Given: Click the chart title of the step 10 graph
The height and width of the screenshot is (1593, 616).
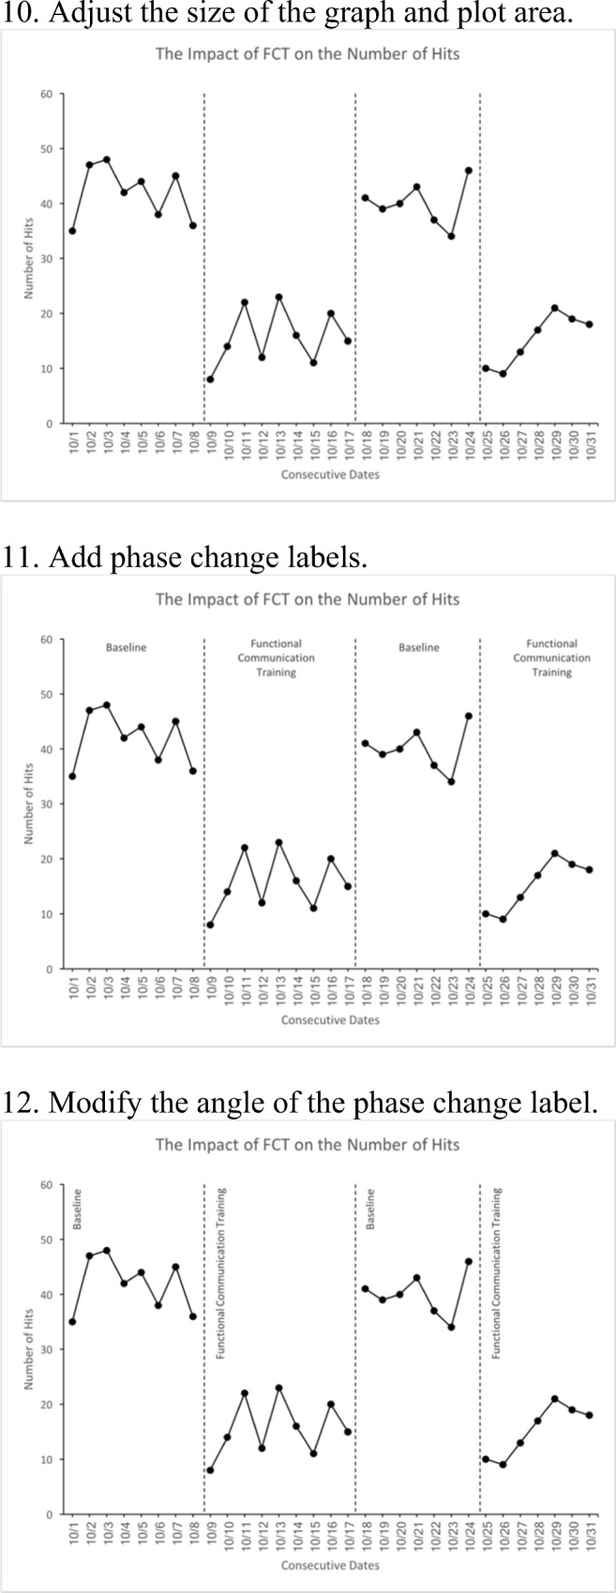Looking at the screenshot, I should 308,53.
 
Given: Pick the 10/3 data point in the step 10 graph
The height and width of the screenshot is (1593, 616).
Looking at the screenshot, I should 107,159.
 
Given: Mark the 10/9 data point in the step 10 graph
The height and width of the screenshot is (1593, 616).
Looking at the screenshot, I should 210,380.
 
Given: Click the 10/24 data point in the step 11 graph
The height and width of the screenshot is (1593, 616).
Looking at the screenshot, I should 468,715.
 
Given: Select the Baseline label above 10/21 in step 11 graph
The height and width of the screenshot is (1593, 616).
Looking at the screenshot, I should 418,648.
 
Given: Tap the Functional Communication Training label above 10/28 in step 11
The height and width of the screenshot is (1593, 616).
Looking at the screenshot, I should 551,658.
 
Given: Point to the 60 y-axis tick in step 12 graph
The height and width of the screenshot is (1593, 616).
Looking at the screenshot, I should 46,1185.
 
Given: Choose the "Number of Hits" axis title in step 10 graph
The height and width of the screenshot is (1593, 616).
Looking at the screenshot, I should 29,259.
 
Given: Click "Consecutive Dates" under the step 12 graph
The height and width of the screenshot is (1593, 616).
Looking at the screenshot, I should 330,1565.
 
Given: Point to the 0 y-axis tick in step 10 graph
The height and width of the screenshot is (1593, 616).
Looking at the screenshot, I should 50,424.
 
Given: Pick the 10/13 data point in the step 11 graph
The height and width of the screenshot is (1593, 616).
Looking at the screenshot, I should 278,843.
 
